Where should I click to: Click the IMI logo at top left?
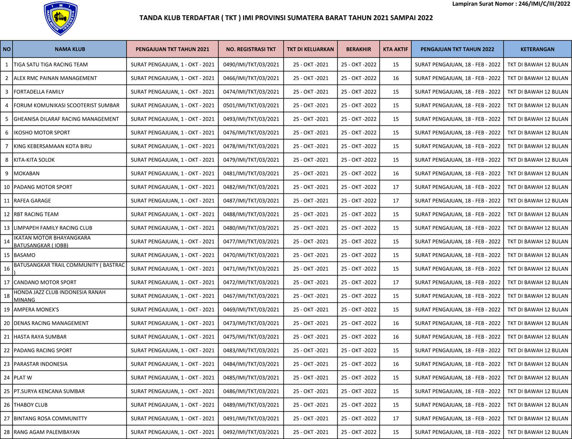click(x=61, y=18)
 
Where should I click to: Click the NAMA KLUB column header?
click(x=70, y=49)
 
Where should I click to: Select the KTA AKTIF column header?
click(x=396, y=49)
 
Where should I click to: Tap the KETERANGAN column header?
click(x=537, y=49)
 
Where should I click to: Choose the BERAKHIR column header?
click(x=358, y=49)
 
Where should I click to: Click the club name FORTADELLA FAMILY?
click(x=39, y=92)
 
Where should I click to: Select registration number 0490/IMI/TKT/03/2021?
click(x=251, y=64)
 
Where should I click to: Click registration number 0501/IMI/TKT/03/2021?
click(x=251, y=105)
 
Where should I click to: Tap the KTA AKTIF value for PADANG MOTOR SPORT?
click(x=396, y=187)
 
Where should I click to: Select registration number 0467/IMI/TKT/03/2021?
click(x=251, y=296)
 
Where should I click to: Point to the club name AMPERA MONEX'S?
click(x=36, y=310)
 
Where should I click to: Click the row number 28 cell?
click(x=7, y=432)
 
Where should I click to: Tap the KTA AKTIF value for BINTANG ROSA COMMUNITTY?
click(x=396, y=419)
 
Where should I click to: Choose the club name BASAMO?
click(x=24, y=255)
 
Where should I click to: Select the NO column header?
click(x=7, y=49)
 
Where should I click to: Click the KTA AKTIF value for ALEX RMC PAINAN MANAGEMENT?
click(x=396, y=78)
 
